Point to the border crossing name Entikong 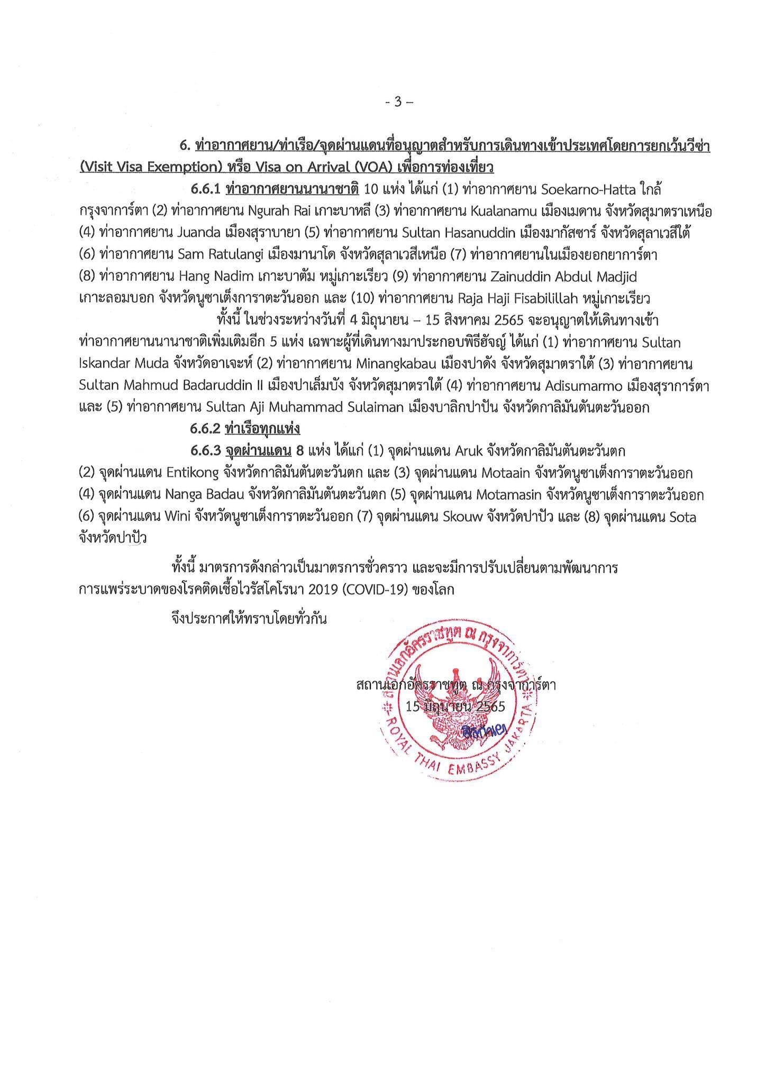click(x=194, y=473)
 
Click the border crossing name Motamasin click(x=508, y=495)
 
